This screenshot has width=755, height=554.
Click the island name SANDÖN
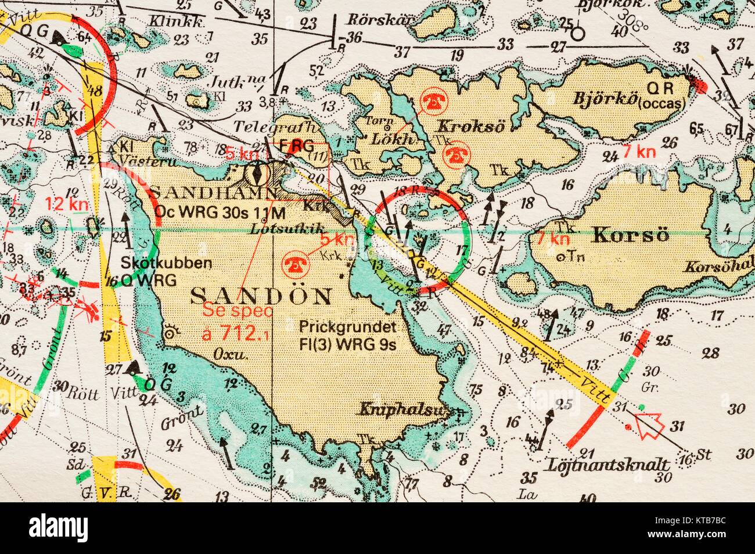(261, 296)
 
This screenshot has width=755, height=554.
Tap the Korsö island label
(630, 236)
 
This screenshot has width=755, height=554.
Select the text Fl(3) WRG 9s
(347, 343)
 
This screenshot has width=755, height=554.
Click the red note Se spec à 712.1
(238, 322)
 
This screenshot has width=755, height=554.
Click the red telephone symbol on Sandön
(293, 264)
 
